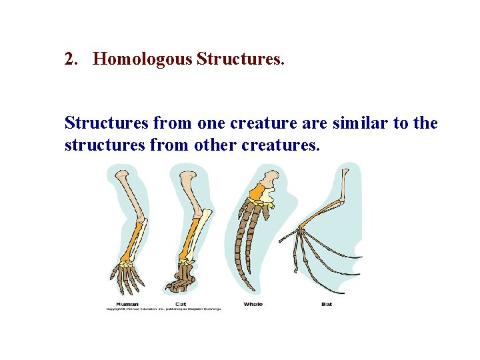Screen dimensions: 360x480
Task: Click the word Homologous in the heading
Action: tap(143, 59)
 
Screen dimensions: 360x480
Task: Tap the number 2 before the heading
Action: tap(70, 59)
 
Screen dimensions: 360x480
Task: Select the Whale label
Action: tap(253, 304)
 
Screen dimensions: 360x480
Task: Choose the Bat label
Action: tap(326, 304)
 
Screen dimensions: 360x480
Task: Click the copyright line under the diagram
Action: tap(163, 309)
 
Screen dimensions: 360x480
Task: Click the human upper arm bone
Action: tap(127, 193)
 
